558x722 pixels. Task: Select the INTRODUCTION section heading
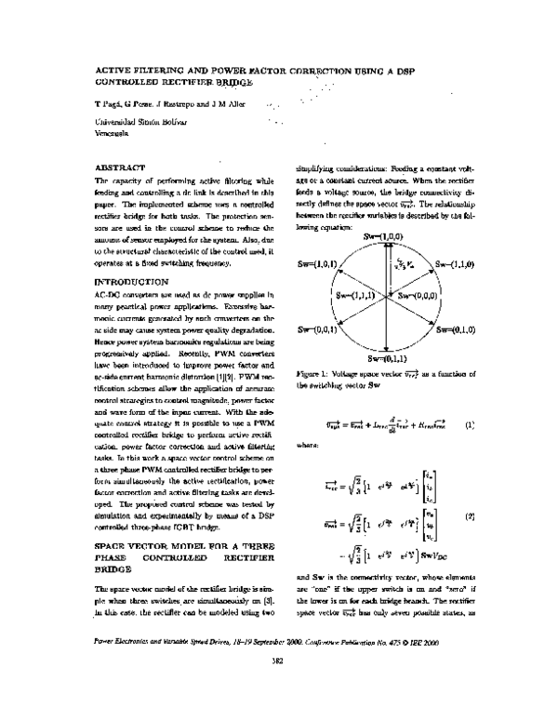(132, 280)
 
